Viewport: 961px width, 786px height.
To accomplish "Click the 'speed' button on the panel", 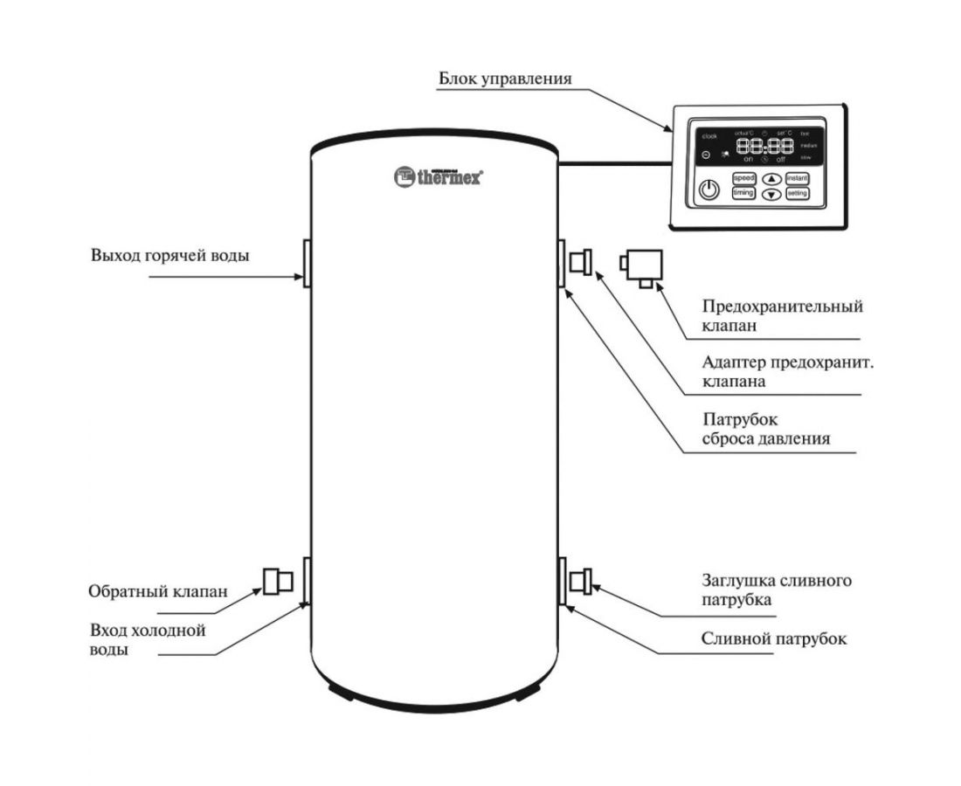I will pyautogui.click(x=743, y=178).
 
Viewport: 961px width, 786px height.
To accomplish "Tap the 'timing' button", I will pyautogui.click(x=743, y=193).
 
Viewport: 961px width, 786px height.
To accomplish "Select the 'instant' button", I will pyautogui.click(x=797, y=178).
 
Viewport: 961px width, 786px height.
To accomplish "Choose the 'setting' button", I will pyautogui.click(x=797, y=193).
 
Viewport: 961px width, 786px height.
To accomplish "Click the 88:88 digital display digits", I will pyautogui.click(x=765, y=147).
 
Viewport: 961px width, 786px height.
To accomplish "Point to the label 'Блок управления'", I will pyautogui.click(x=505, y=79).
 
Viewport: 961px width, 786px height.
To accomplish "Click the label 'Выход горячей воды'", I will pyautogui.click(x=169, y=257).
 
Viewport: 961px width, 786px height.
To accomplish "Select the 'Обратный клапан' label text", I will pyautogui.click(x=158, y=590).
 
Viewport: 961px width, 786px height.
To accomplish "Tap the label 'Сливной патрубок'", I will pyautogui.click(x=774, y=638).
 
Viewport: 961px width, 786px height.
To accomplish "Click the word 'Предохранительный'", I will pyautogui.click(x=783, y=307).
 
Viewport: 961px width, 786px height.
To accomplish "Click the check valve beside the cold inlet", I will pyautogui.click(x=278, y=580).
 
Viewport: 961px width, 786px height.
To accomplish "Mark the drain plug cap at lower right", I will pyautogui.click(x=580, y=580).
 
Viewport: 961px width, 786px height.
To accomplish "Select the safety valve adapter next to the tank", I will pyautogui.click(x=580, y=260).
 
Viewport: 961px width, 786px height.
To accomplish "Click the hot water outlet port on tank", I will pyautogui.click(x=307, y=262).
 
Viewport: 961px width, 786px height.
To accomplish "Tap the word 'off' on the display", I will pyautogui.click(x=780, y=160).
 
